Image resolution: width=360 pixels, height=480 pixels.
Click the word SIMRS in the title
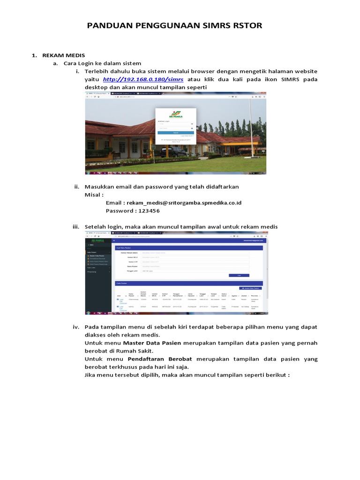click(224, 25)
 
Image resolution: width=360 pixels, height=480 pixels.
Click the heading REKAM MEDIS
click(59, 55)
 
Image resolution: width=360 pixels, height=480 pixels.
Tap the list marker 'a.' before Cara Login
click(55, 63)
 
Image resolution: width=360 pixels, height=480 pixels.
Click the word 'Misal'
click(94, 195)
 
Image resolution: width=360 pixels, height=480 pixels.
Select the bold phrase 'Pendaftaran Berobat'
click(160, 359)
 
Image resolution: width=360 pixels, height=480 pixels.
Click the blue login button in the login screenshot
click(175, 133)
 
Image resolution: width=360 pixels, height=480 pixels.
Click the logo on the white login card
click(176, 113)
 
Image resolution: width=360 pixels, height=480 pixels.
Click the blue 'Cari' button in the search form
click(239, 275)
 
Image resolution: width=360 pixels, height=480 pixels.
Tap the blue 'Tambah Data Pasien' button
click(250, 288)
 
